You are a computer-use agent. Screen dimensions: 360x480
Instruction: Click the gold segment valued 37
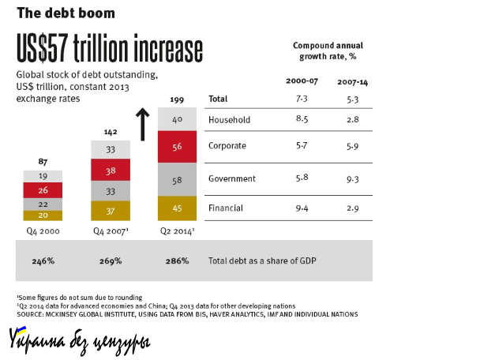coord(111,210)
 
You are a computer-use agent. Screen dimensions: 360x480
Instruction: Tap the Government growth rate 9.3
coord(352,179)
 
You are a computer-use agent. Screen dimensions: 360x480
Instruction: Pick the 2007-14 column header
coord(351,81)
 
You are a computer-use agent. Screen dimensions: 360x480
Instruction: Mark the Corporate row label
coord(227,146)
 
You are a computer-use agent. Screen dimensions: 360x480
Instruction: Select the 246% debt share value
coord(43,260)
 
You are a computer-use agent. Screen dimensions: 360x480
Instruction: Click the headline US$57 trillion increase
coord(110,50)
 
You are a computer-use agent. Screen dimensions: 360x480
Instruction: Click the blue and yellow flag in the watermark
coord(17,334)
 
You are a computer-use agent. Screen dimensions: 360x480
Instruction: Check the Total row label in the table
coord(219,99)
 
